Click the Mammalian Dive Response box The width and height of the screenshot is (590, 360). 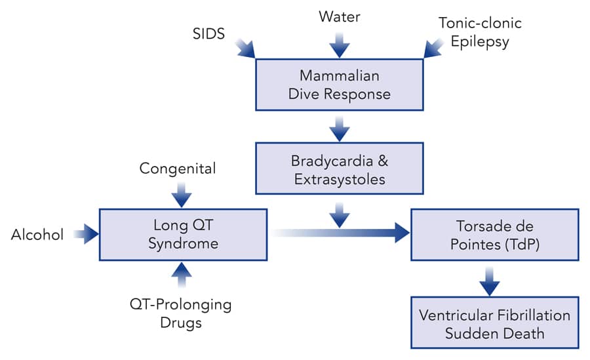(339, 84)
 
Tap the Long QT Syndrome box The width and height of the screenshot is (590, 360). (183, 234)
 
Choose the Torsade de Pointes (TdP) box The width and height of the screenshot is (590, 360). (494, 234)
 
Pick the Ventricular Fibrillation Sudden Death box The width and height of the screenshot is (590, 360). (494, 323)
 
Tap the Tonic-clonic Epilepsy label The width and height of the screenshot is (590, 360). (481, 33)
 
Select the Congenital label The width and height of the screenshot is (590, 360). (178, 169)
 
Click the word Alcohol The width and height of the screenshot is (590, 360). (37, 235)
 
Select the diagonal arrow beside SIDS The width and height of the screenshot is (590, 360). (246, 47)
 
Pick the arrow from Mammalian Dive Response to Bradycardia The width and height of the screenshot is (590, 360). (340, 127)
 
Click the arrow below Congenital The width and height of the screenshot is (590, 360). (181, 194)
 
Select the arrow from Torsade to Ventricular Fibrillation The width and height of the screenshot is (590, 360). (489, 280)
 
